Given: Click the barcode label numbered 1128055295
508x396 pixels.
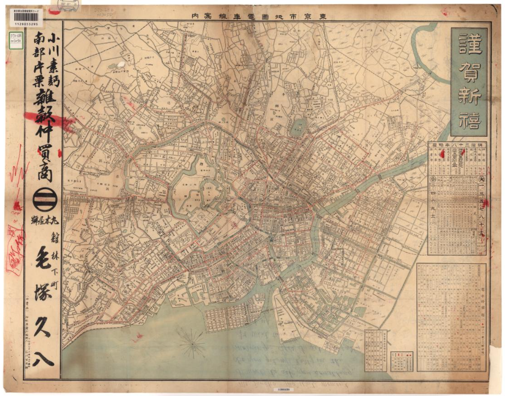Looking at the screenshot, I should (26, 19).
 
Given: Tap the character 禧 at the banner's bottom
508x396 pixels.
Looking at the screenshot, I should (470, 123).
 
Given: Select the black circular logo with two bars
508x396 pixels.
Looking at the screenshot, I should (43, 201).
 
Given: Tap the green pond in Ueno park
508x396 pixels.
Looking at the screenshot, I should (298, 128).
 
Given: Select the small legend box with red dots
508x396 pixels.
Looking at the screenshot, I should (401, 361).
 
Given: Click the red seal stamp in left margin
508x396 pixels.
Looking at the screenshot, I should (15, 256).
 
